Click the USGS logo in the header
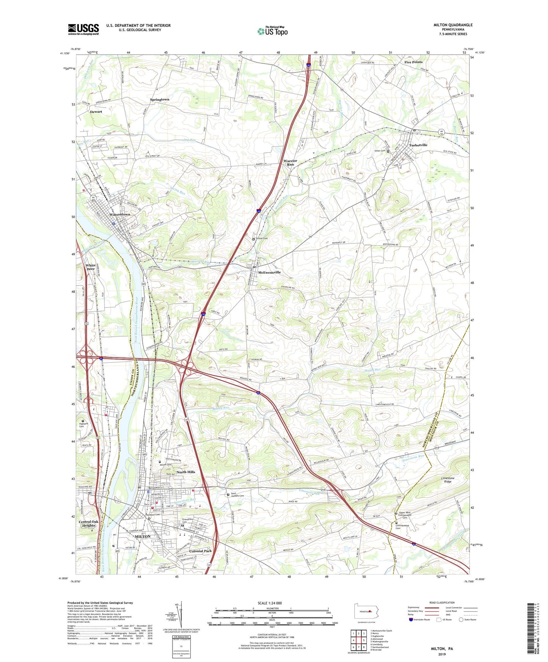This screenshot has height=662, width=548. [83, 29]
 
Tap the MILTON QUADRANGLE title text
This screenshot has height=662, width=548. [453, 25]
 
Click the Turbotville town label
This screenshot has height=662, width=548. [418, 145]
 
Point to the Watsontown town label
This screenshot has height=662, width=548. [119, 215]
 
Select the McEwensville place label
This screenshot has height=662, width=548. [269, 273]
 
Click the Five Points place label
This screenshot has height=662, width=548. [413, 62]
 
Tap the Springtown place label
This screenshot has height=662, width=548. [159, 99]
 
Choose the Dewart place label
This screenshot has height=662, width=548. [96, 112]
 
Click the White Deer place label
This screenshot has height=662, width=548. [90, 267]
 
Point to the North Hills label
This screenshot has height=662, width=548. [186, 472]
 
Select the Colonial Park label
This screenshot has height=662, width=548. [200, 551]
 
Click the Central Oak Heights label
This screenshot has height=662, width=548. [88, 524]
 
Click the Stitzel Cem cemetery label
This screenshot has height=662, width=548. [262, 238]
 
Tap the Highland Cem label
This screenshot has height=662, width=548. [83, 425]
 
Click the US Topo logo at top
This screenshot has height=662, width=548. [272, 31]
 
